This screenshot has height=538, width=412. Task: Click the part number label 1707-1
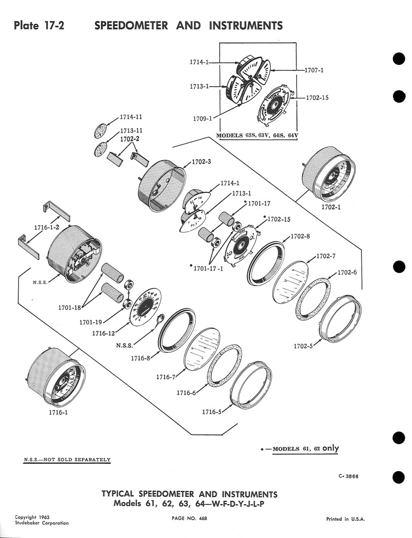[x=314, y=70]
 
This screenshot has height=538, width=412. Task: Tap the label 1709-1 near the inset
[x=200, y=118]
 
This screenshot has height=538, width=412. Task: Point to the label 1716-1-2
[x=47, y=227]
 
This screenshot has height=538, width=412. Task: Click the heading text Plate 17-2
[x=40, y=25]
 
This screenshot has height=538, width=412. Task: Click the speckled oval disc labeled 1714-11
[x=102, y=131]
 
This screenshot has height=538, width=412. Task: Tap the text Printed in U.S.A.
[x=345, y=519]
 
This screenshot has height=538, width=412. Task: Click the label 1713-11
[x=131, y=131]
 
